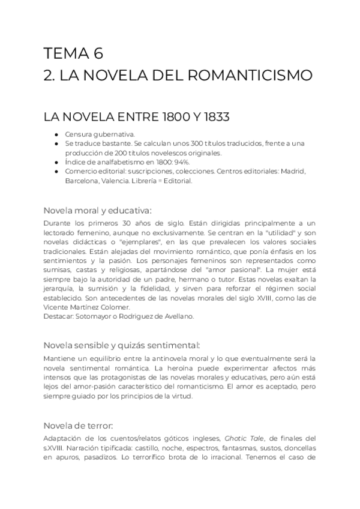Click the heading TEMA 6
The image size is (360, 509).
73,53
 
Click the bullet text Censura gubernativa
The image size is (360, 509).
100,134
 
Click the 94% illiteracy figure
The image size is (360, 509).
181,162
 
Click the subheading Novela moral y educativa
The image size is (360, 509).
98,210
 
